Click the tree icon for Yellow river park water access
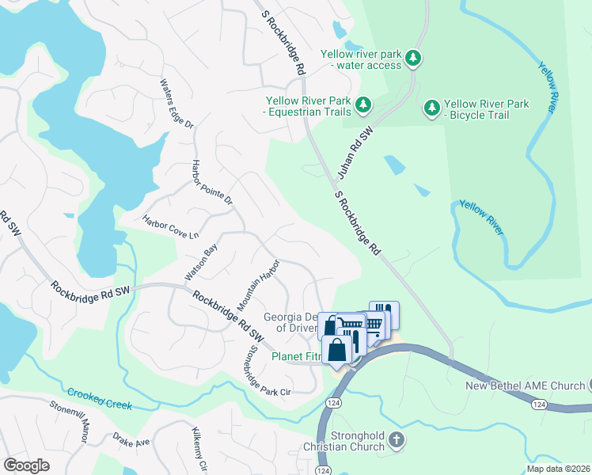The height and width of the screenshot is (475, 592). click(x=412, y=59)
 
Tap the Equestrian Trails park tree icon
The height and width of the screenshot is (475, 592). click(x=362, y=104)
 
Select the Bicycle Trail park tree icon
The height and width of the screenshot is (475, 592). click(x=431, y=108)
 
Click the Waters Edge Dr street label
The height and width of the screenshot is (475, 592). click(x=176, y=103)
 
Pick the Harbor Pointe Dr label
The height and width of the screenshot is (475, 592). click(x=213, y=183)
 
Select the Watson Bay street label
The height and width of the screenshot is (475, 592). click(x=201, y=262)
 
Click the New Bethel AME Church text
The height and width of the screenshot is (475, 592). click(x=525, y=386)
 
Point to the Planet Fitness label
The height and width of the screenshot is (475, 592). click(x=297, y=357)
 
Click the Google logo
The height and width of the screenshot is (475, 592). click(x=26, y=465)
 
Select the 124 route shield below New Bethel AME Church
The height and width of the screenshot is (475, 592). click(x=539, y=405)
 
